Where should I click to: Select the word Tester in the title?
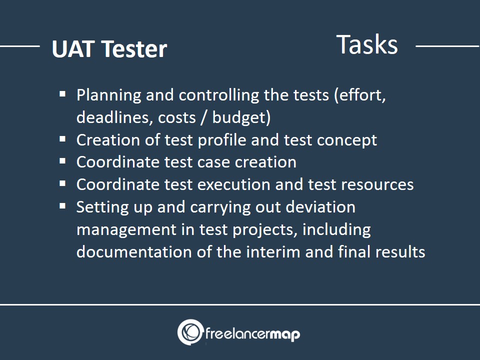point(134,49)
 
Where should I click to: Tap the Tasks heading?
point(367,44)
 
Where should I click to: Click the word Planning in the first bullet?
point(108,95)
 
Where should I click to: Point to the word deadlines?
point(114,117)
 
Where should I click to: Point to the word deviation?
point(320,207)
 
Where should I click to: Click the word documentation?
point(134,252)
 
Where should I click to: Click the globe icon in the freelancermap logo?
point(190,332)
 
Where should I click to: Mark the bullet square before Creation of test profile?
point(63,139)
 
